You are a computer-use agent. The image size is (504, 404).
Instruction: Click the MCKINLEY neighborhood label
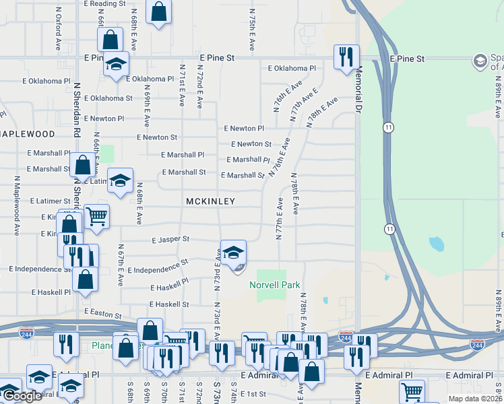[210, 201]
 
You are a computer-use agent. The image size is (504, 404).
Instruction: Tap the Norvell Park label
[275, 285]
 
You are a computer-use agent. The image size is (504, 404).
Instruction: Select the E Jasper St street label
[170, 239]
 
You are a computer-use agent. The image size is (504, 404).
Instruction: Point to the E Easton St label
[102, 314]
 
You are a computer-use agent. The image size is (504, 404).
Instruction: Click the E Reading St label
[105, 3]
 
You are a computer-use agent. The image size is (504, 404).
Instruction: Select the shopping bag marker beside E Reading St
[158, 13]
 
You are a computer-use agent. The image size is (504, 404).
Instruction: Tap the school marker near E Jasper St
[233, 254]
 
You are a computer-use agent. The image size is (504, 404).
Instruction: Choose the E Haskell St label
[170, 304]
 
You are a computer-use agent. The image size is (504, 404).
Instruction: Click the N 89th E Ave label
[499, 310]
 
